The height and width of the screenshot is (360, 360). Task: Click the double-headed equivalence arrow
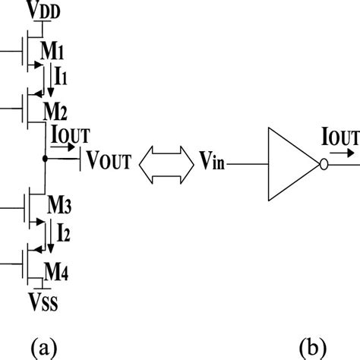pos(163,161)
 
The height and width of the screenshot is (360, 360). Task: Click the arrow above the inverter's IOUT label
pos(340,150)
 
